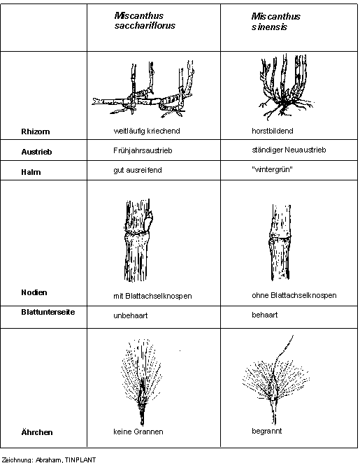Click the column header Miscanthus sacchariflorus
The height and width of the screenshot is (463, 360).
click(x=145, y=21)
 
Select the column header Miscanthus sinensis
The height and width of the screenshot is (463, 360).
click(x=275, y=22)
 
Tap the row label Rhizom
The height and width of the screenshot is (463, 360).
click(x=36, y=131)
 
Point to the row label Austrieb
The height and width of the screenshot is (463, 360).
click(x=36, y=152)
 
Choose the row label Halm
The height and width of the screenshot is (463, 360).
click(x=31, y=172)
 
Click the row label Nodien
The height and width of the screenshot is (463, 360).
click(x=34, y=292)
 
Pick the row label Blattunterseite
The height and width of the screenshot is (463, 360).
click(x=48, y=312)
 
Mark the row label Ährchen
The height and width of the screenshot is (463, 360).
click(x=37, y=432)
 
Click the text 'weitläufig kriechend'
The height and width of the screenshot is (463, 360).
click(x=147, y=131)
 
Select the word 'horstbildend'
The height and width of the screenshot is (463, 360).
click(x=273, y=131)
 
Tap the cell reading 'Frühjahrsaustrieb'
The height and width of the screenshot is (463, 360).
click(x=143, y=150)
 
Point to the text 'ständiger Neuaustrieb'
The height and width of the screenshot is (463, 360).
click(x=289, y=150)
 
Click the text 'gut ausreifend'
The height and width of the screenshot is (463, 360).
click(x=138, y=171)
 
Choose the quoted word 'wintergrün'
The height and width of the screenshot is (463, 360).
click(x=272, y=169)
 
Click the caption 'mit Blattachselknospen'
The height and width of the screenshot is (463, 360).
click(x=152, y=296)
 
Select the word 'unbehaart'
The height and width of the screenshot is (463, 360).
click(x=131, y=315)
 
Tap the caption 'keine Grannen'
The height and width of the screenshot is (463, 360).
click(x=138, y=432)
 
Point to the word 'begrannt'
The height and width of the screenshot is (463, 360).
click(x=267, y=431)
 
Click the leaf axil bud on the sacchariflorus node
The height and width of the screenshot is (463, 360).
click(x=150, y=220)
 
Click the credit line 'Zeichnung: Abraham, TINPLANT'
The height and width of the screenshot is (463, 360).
click(x=49, y=460)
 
